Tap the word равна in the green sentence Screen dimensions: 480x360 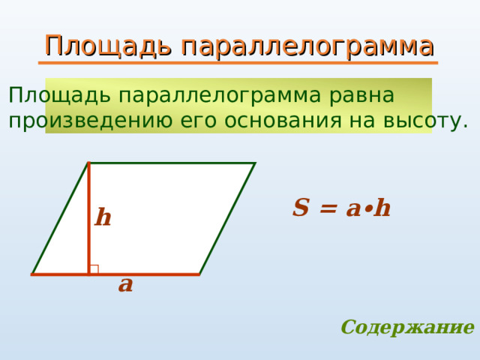click(x=361, y=96)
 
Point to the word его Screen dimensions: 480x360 click(x=197, y=122)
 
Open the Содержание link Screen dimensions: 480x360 click(x=408, y=328)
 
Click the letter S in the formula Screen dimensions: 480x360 click(x=300, y=208)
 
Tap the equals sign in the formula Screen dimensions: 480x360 click(x=328, y=209)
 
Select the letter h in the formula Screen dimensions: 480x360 click(x=382, y=208)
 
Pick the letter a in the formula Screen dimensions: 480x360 click(x=353, y=210)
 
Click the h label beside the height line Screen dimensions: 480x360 click(x=103, y=217)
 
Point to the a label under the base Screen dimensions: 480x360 click(x=125, y=285)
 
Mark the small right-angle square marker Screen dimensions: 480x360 click(x=94, y=269)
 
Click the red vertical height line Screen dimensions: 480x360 click(x=88, y=218)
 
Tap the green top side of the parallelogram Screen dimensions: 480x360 click(x=172, y=163)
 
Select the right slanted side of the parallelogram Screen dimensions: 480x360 click(x=227, y=218)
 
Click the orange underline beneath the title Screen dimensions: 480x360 click(x=238, y=63)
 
